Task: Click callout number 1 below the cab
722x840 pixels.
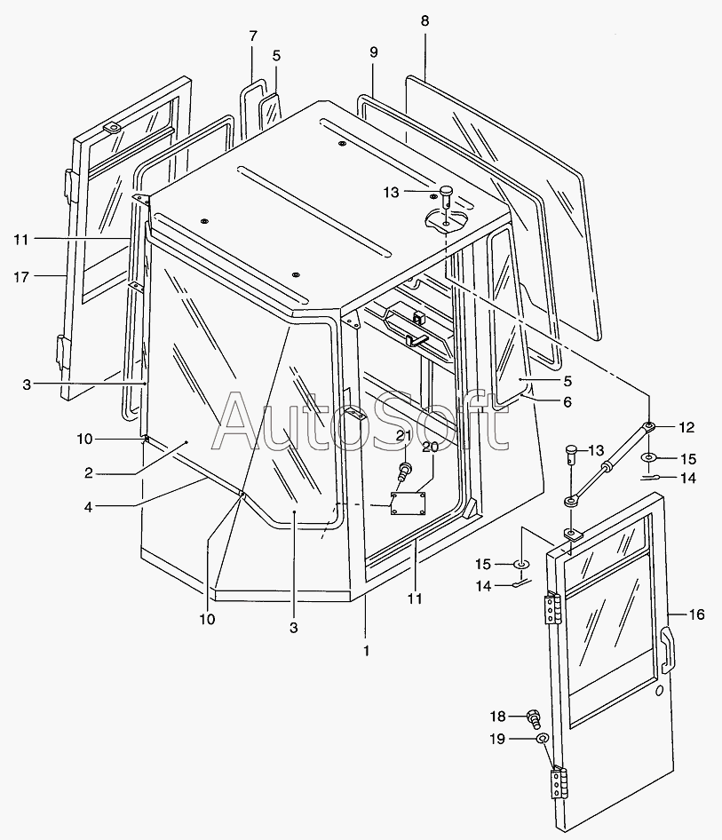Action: pos(366,650)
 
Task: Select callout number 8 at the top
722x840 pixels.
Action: pos(424,20)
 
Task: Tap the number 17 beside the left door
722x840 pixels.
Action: pos(21,277)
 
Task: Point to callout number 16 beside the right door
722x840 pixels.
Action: pos(696,614)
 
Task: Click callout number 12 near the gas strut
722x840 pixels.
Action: pos(686,427)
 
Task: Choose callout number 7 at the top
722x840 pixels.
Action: pos(253,36)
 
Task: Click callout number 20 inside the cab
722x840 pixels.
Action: pos(431,448)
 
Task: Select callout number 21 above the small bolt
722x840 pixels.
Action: pos(404,435)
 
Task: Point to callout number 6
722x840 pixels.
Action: pos(567,401)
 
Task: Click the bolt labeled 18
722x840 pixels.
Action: pos(535,716)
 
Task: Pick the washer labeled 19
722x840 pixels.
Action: pos(543,738)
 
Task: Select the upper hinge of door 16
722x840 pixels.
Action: pos(553,611)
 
